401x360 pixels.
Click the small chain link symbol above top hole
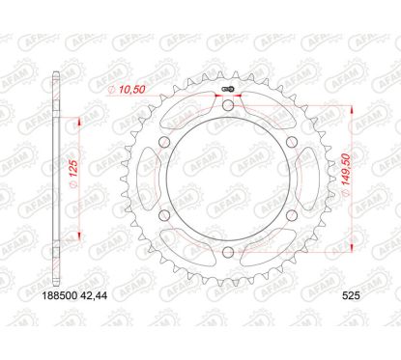[x=228, y=92]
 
